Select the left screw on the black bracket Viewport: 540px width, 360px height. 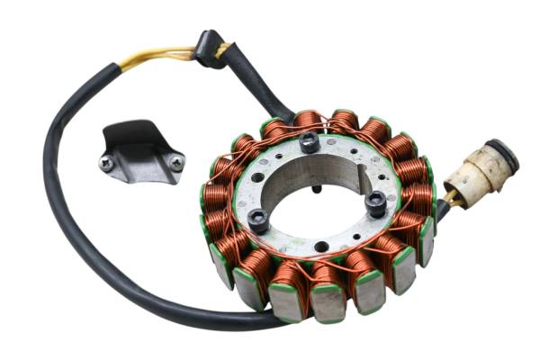click(x=107, y=163)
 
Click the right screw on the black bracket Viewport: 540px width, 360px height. click(x=176, y=163)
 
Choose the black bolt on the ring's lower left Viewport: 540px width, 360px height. click(x=258, y=218)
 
